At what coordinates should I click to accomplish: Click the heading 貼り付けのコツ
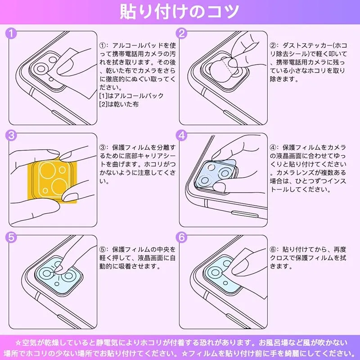pos(179,12)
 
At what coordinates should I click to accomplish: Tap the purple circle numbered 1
pos(11,33)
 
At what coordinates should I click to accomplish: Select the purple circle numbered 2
pos(182,33)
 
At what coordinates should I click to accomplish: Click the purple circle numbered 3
pos(11,135)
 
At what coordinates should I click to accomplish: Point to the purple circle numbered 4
pos(182,135)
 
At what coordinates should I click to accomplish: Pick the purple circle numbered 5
pos(11,238)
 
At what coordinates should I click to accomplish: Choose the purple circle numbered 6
pos(182,238)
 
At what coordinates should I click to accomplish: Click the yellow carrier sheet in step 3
pos(52,181)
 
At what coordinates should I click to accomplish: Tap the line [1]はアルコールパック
pos(131,95)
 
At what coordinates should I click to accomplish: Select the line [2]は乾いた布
pos(119,104)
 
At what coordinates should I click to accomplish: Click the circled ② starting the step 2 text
pos(273,45)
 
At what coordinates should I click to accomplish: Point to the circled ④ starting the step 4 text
pos(273,148)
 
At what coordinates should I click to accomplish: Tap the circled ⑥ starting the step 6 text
pos(273,249)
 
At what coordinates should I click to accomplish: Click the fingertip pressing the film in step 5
pos(59,269)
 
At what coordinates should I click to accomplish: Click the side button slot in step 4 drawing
pos(245,214)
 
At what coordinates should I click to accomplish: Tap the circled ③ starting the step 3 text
pos(103,148)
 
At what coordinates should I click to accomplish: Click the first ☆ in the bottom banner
pos(18,343)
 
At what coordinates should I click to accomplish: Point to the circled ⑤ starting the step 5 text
pos(103,249)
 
